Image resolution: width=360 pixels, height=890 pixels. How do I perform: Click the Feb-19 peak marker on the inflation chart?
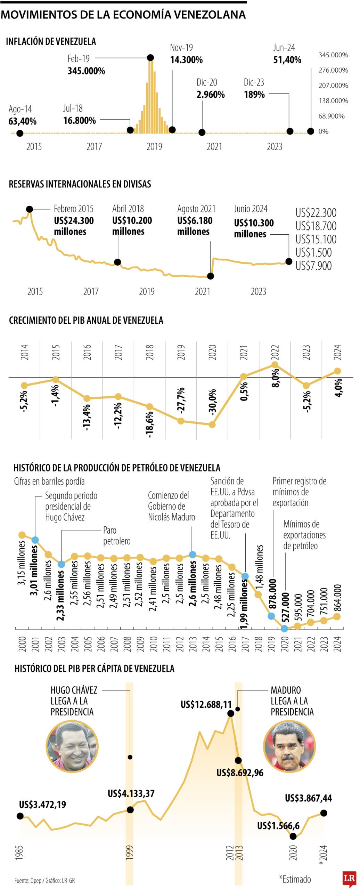(150, 58)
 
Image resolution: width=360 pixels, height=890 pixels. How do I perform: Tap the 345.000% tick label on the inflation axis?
(333, 55)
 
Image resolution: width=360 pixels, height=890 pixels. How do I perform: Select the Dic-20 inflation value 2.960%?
(211, 95)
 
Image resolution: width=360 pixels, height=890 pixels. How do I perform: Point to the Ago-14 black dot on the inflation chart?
(20, 133)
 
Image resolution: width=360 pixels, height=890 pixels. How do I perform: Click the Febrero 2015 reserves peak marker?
(30, 209)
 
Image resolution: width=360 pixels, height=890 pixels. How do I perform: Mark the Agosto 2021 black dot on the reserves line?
(210, 276)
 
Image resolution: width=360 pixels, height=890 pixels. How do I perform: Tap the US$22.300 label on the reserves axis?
(316, 212)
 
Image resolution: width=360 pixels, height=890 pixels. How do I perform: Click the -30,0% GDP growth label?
(212, 401)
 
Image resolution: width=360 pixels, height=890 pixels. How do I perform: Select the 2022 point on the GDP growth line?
(275, 365)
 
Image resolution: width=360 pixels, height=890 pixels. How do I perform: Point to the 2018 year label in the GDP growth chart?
(150, 352)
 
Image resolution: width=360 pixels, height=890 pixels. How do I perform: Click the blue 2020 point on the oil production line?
(284, 628)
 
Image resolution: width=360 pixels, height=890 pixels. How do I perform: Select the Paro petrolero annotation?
(116, 535)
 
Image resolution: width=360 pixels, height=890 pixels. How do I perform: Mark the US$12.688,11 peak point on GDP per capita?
(230, 713)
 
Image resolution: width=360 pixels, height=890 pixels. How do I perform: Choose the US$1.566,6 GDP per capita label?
(278, 826)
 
